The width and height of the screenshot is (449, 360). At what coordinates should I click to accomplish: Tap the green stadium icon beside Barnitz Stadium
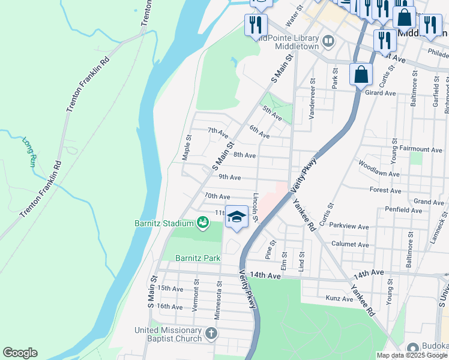(203, 224)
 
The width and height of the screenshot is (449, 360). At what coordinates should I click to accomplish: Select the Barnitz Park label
(198, 258)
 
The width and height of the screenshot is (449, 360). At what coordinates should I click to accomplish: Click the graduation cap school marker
(237, 217)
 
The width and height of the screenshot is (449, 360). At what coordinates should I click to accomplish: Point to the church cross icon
(210, 333)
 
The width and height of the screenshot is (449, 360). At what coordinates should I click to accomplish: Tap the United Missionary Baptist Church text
(167, 335)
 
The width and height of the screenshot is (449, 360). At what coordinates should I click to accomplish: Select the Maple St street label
(187, 147)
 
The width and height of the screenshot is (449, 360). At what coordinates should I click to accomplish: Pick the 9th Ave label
(229, 177)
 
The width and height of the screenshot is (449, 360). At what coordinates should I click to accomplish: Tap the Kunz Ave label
(339, 298)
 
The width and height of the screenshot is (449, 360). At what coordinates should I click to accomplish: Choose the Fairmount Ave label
(421, 149)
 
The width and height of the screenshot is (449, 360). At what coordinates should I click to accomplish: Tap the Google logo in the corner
(20, 353)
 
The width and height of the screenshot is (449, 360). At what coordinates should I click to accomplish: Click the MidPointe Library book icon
(328, 41)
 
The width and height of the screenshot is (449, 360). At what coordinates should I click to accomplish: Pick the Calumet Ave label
(350, 245)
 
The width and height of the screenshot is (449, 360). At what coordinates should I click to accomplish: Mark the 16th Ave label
(169, 307)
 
